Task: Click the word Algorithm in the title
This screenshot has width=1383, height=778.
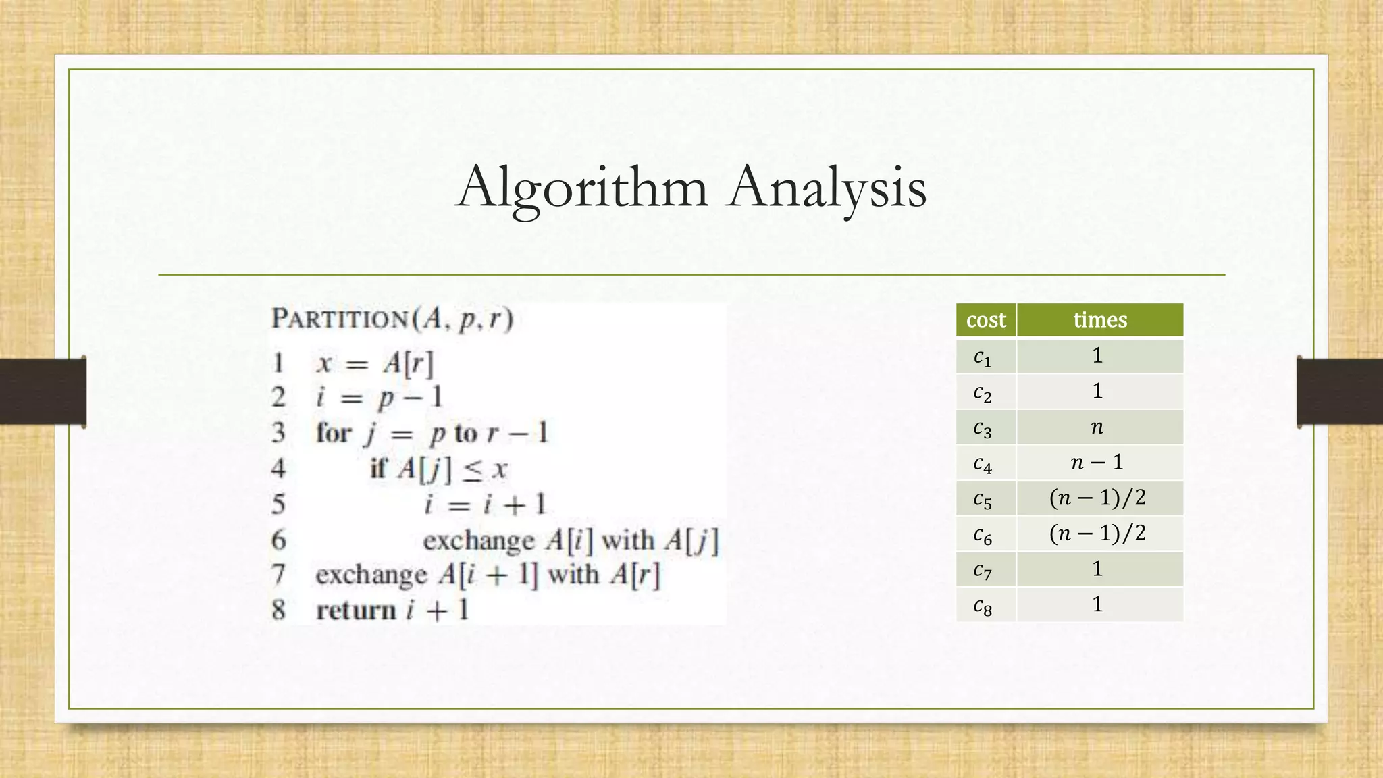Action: click(582, 187)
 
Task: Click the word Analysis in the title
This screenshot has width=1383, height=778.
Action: click(827, 187)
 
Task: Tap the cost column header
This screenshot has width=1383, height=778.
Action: click(986, 319)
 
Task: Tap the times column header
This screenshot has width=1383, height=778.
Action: click(1100, 319)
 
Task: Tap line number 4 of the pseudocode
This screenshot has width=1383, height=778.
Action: click(278, 469)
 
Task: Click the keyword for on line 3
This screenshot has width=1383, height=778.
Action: click(334, 433)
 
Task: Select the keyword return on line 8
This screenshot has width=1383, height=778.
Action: click(356, 611)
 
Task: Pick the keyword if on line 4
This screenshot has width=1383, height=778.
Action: click(379, 469)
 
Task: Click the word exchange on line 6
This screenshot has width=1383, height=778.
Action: click(479, 540)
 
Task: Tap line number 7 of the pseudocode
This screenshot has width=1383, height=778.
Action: click(278, 575)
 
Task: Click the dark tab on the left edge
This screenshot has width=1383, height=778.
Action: click(43, 392)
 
